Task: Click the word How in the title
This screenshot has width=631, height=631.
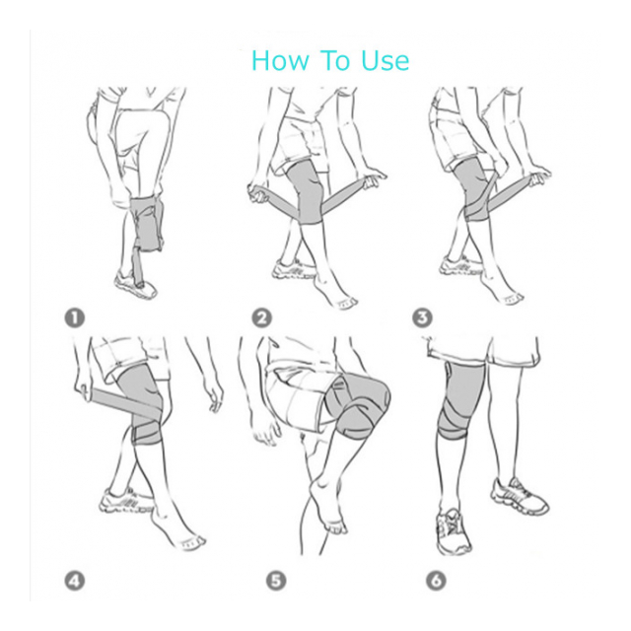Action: (281, 60)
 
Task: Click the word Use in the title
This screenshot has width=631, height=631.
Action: (385, 60)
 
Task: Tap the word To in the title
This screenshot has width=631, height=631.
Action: (335, 60)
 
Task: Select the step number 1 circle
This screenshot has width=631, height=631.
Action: (75, 317)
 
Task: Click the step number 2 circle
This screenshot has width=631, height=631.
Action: (262, 317)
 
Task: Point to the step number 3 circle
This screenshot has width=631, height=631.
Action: (422, 317)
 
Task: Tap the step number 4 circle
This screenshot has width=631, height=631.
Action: (75, 581)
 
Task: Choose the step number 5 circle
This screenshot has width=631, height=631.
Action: (276, 581)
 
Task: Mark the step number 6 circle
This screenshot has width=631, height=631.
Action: (436, 581)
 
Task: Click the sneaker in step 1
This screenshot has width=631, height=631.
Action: (135, 284)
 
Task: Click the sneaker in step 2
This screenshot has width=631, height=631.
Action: (293, 269)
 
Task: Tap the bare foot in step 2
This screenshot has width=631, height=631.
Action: (335, 291)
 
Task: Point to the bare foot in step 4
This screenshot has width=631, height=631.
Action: (177, 530)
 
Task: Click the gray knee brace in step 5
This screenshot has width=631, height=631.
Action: (357, 405)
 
